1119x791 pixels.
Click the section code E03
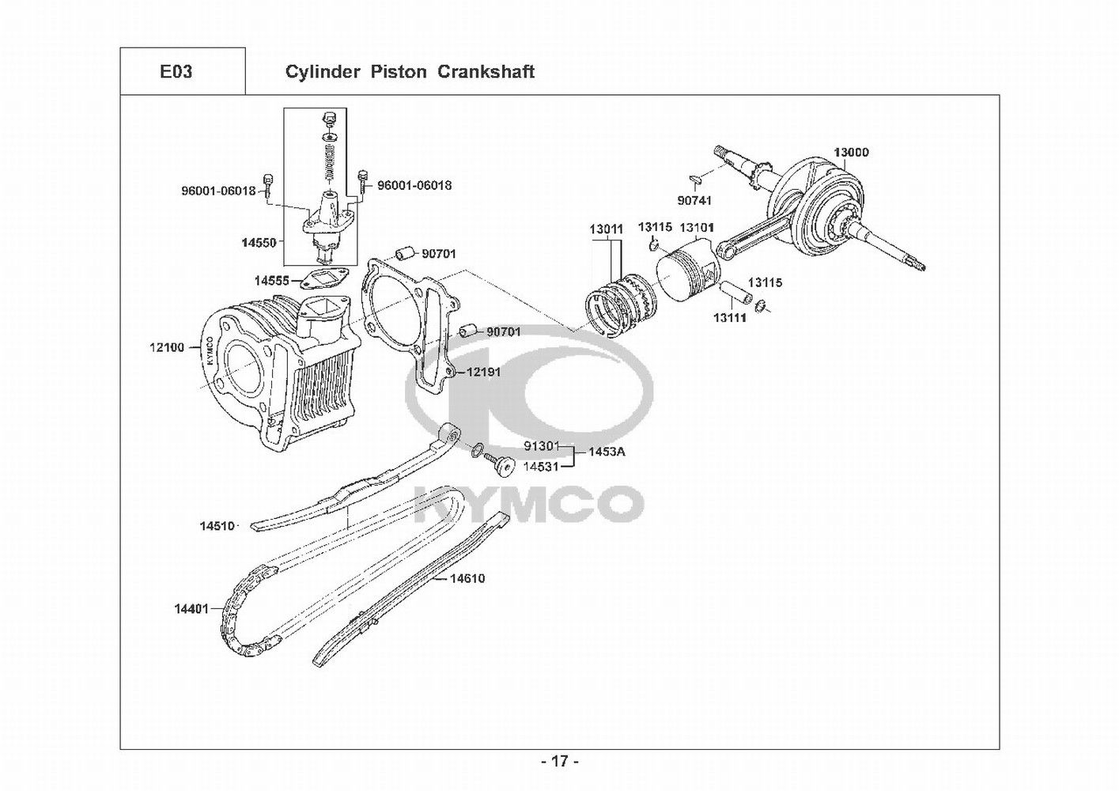[x=176, y=71]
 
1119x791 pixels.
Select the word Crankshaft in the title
[x=486, y=71]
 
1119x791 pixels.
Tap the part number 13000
[x=851, y=152]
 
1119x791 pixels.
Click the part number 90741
[x=694, y=200]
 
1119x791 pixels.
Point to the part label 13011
[x=606, y=229]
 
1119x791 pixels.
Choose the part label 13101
[x=697, y=228]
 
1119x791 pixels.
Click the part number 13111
[x=730, y=317]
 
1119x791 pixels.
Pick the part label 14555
[x=272, y=281]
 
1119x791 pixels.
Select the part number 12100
[x=167, y=346]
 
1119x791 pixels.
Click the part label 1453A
[x=607, y=452]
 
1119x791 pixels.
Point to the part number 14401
[x=191, y=608]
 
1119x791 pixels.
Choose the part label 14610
[x=467, y=579]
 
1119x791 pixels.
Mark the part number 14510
[x=217, y=526]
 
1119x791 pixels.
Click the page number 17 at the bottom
[x=560, y=761]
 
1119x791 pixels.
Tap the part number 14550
[x=259, y=243]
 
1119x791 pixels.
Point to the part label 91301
[x=541, y=446]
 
